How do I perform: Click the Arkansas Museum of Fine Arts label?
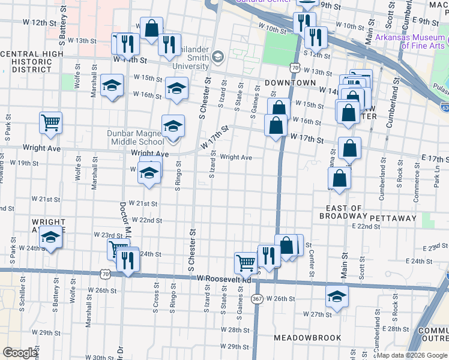tap(411, 41)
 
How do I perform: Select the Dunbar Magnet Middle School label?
tap(136, 137)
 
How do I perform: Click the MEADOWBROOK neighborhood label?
tap(307, 338)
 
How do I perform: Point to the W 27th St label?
tap(317, 314)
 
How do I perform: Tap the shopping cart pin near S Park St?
tap(51, 122)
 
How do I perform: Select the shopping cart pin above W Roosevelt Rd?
tap(246, 262)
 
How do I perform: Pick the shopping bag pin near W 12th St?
tap(151, 27)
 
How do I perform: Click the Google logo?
tap(20, 353)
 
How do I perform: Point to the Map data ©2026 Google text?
tap(412, 355)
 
